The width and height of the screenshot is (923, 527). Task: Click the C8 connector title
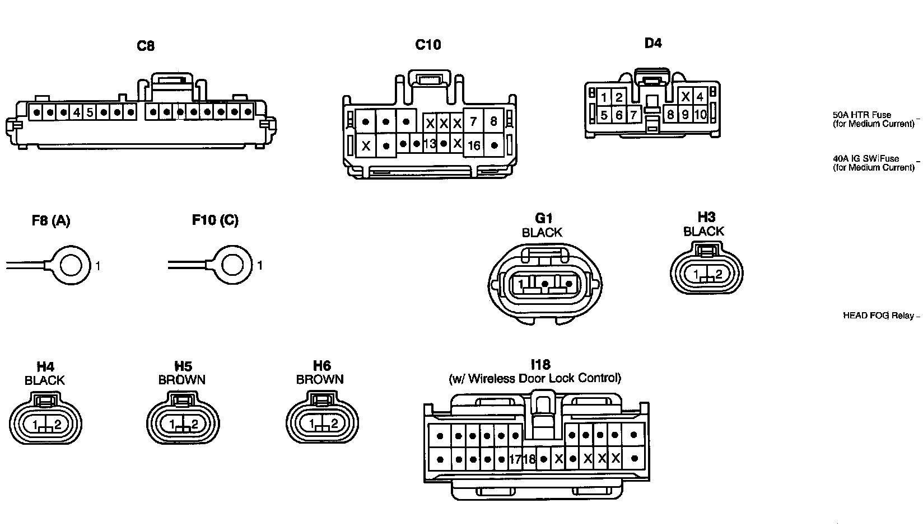pos(146,46)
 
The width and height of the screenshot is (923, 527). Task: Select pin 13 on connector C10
pos(430,144)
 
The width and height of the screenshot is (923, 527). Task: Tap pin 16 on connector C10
pos(474,145)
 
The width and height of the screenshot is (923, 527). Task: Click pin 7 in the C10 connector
pos(473,121)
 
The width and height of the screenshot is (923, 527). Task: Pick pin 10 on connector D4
pos(700,115)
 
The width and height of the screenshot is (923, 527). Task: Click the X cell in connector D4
pos(685,97)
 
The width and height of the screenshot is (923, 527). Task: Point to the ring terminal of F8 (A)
pos(71,265)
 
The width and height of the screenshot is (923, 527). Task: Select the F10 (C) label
pos(215,220)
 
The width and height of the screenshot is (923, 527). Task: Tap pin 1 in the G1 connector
pos(521,284)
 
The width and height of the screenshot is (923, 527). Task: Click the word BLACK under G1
pos(542,232)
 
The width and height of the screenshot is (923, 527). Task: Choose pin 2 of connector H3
pos(719,275)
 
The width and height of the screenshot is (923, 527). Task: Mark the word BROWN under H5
pos(182,380)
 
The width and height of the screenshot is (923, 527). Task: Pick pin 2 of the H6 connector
pos(334,424)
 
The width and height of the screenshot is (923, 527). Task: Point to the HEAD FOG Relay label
pos(878,316)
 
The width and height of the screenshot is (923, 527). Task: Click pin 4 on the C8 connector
pos(76,112)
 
